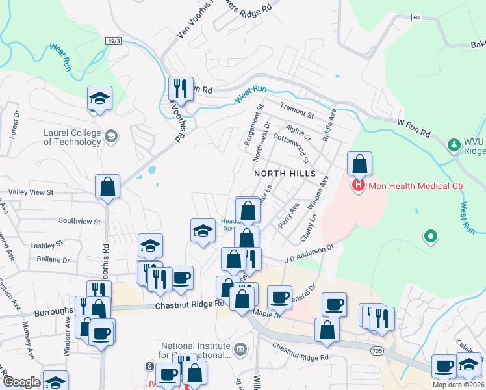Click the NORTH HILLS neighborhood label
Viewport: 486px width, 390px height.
click(285, 174)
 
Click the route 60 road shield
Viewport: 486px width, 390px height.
click(416, 18)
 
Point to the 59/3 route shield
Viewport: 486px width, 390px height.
click(114, 41)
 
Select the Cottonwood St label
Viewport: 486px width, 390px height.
click(291, 145)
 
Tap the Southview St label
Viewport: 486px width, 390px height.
click(79, 221)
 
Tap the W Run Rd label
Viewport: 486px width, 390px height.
click(414, 127)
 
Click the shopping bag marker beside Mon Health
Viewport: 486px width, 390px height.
click(359, 164)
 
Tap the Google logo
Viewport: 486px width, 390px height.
click(21, 382)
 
